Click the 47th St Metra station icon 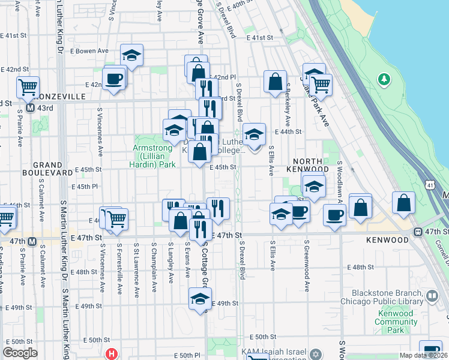tap(417, 232)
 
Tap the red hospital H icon tap(110, 353)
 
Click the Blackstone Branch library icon tap(432, 295)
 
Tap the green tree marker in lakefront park tap(384, 79)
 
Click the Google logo tap(20, 353)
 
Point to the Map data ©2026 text tap(423, 355)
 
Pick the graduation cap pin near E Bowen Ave tap(131, 56)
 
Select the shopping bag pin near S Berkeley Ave tap(275, 82)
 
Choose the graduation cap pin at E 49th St tap(200, 299)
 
